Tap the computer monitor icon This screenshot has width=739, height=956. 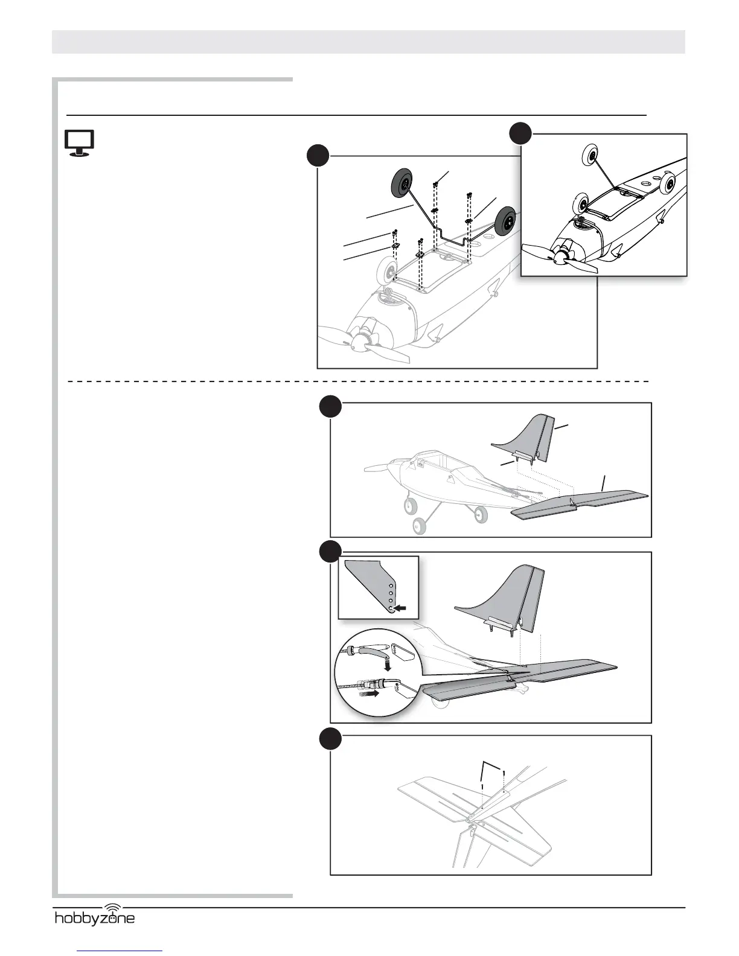pos(80,144)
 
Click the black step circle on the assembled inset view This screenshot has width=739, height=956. pos(520,133)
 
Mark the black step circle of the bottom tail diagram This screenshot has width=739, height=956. pos(330,739)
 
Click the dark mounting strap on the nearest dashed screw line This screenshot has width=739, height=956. pos(420,255)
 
